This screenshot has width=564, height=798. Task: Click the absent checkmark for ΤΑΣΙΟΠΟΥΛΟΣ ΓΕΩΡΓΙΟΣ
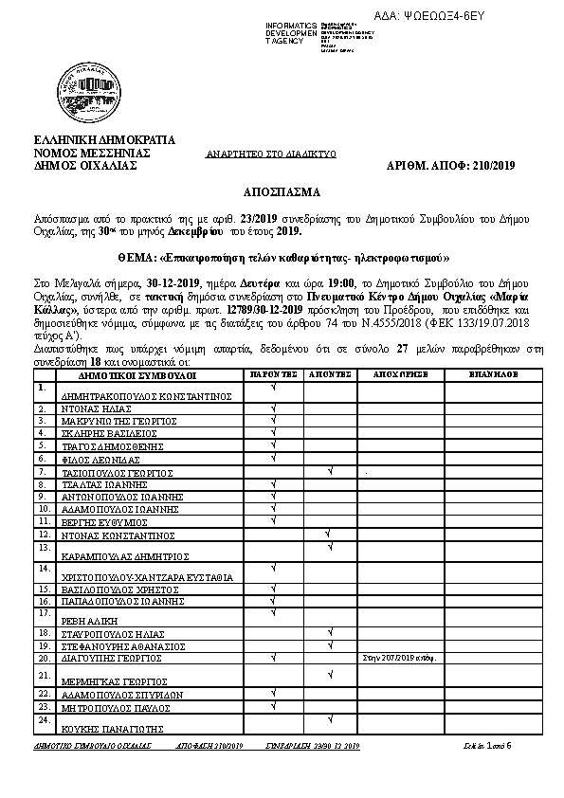pos(329,469)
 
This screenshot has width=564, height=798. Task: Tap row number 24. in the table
pos(43,720)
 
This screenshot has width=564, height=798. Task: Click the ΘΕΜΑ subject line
pos(282,257)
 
